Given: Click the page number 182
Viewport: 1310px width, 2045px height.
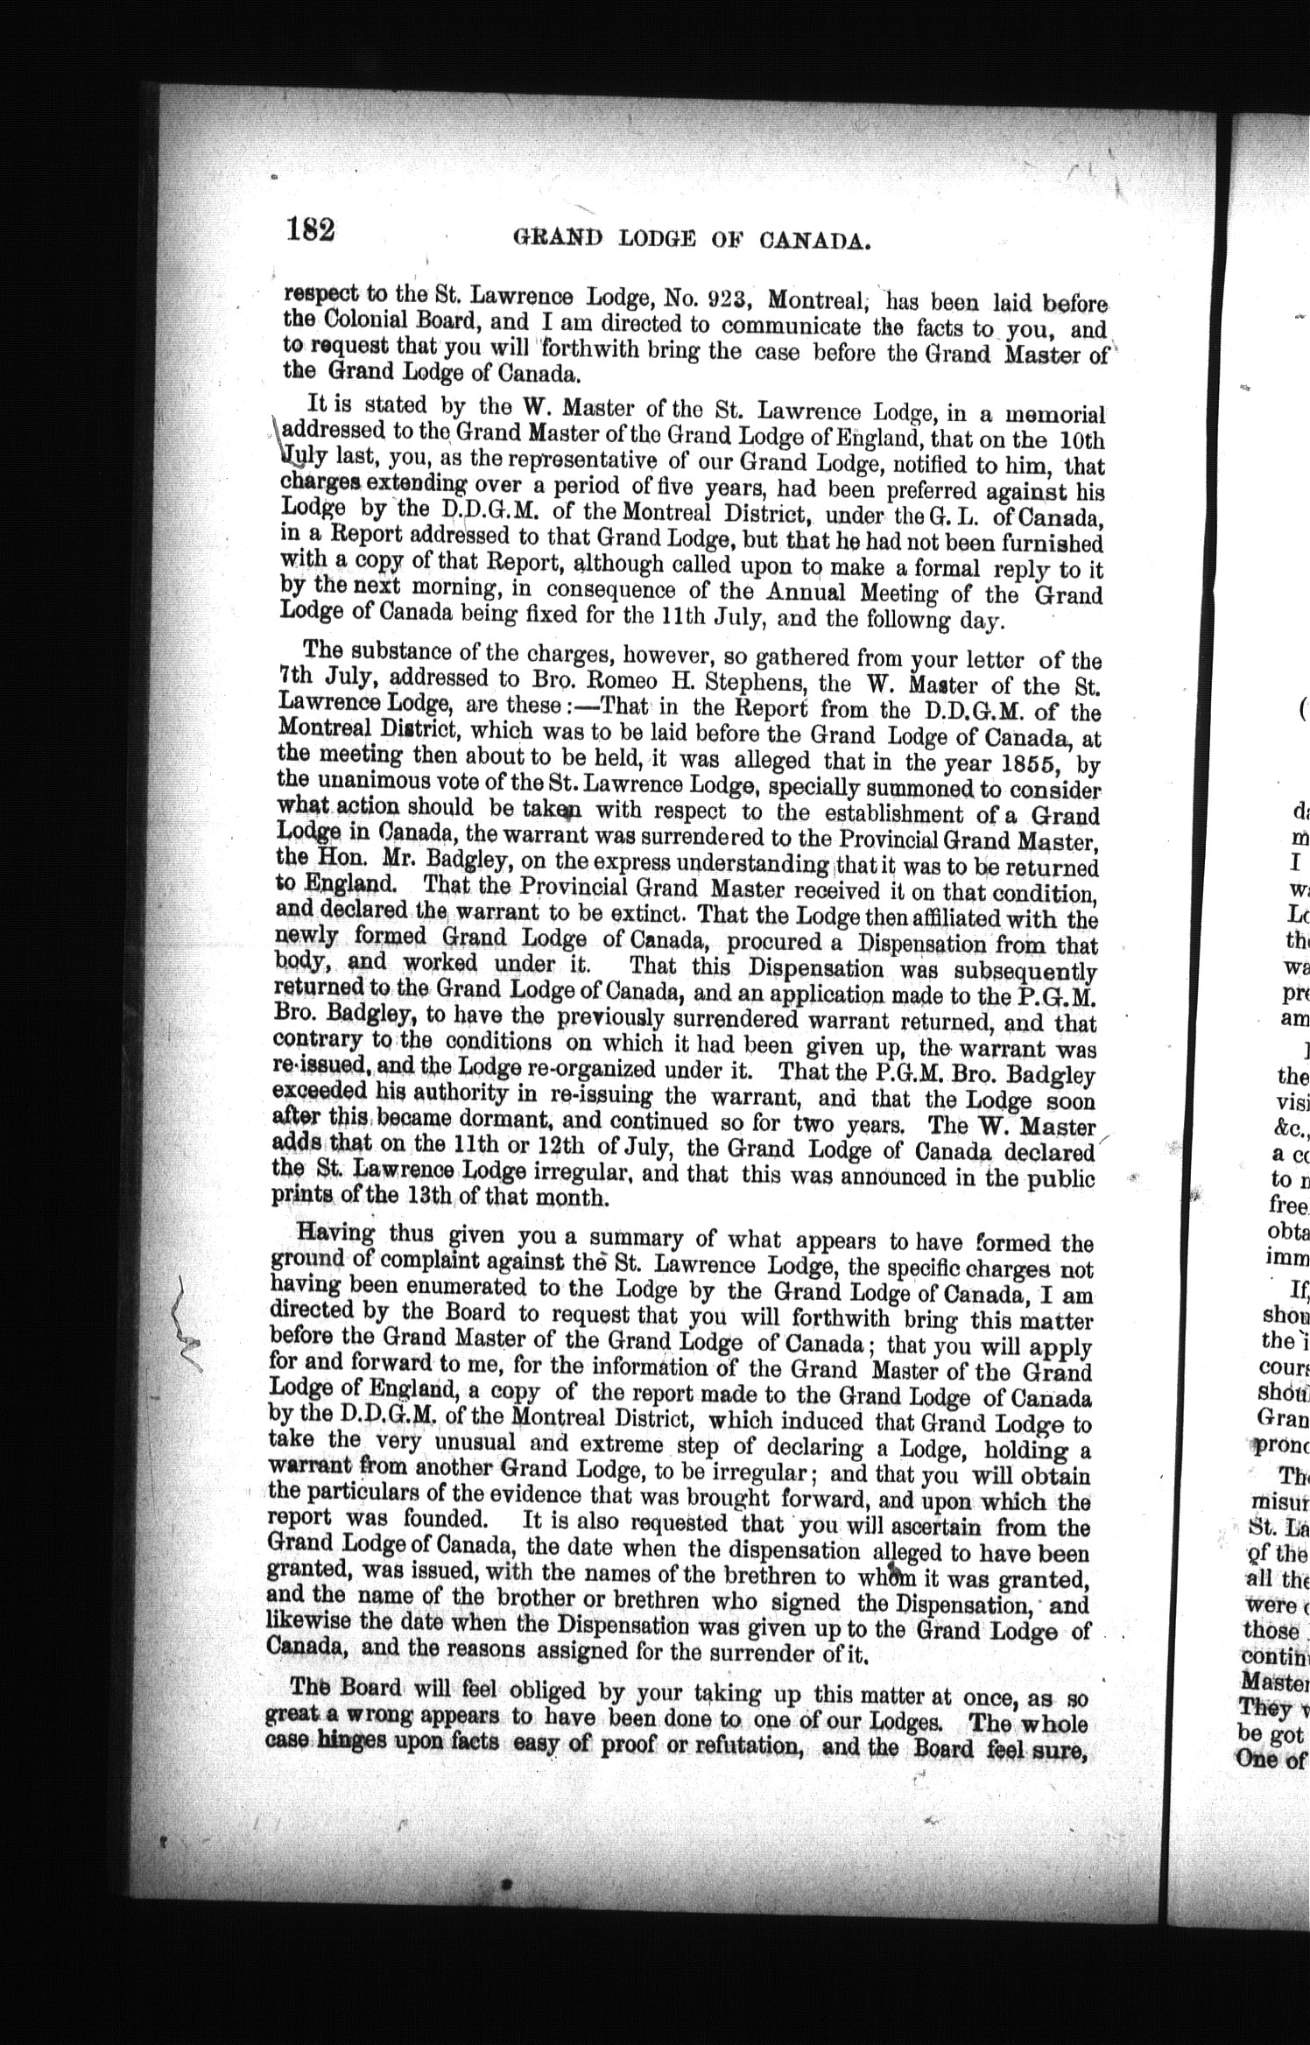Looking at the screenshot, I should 309,230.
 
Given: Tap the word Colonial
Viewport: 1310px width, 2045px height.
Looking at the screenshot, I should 370,320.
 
